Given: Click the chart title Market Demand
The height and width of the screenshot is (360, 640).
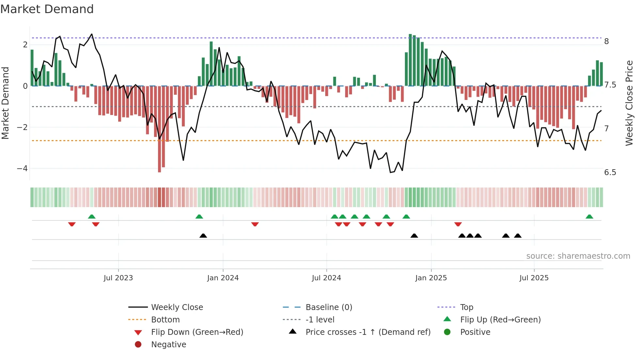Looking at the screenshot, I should tap(47, 9).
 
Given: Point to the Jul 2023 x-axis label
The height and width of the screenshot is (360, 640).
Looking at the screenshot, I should tap(118, 278).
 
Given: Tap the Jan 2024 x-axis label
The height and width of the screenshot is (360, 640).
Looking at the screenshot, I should tap(223, 278).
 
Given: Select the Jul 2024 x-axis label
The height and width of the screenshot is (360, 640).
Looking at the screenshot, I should tap(326, 278).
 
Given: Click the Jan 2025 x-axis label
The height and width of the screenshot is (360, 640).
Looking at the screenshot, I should tap(431, 278).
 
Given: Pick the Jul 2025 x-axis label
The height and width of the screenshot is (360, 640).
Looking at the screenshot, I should tap(534, 278).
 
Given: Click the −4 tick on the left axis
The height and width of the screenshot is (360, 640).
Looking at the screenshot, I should tap(22, 169).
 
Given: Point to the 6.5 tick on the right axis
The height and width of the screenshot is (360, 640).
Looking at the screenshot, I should tap(610, 172).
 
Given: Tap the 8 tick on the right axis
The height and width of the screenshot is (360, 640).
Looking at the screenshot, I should tap(606, 41).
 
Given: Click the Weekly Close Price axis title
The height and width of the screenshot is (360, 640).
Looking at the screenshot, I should tap(629, 103).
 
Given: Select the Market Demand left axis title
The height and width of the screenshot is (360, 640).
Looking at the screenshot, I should tap(5, 103).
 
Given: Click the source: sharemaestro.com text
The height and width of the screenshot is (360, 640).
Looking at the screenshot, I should tap(578, 256).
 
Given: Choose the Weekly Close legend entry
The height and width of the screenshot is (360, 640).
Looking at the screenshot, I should tap(177, 307).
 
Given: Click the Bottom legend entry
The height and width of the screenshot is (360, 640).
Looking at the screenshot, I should tap(165, 320).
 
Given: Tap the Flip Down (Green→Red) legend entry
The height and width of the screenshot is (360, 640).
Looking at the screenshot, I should tap(197, 332).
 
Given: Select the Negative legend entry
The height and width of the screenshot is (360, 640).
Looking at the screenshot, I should tap(168, 345).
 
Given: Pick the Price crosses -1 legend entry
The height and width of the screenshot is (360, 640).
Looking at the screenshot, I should tap(368, 332).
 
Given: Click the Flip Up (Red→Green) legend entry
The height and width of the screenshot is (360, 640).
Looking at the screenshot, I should tap(500, 320).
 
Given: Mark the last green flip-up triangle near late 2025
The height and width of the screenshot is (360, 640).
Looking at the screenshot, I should tap(589, 217).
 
